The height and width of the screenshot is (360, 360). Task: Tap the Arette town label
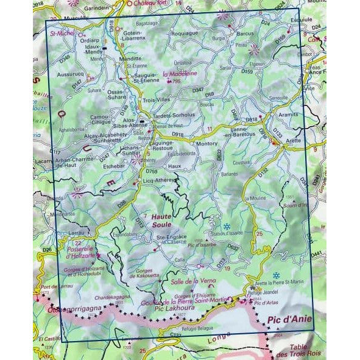click(293, 141)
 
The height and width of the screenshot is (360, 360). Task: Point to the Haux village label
click(175, 166)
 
